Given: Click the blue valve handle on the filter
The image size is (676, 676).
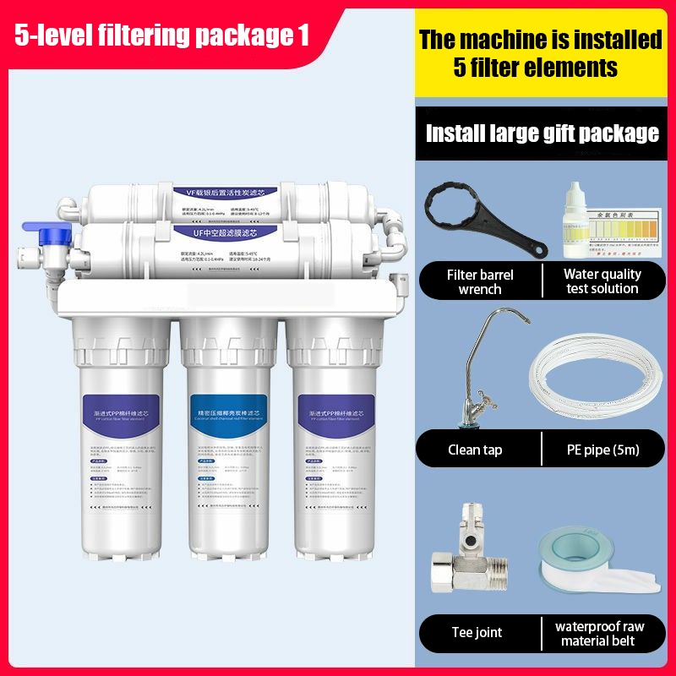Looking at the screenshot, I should click(x=39, y=230).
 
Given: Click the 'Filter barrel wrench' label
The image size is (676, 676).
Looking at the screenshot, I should click(x=480, y=281).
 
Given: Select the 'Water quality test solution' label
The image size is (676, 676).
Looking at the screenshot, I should click(x=602, y=281).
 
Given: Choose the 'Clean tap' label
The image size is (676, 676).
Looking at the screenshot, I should click(x=475, y=450).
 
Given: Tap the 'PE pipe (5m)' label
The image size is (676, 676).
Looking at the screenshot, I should click(x=602, y=450).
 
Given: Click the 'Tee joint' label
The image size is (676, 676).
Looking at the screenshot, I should click(x=475, y=633).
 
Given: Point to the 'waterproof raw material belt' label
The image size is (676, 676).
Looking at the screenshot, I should click(x=600, y=633).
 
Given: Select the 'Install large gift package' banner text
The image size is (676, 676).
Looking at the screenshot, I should click(x=542, y=133).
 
